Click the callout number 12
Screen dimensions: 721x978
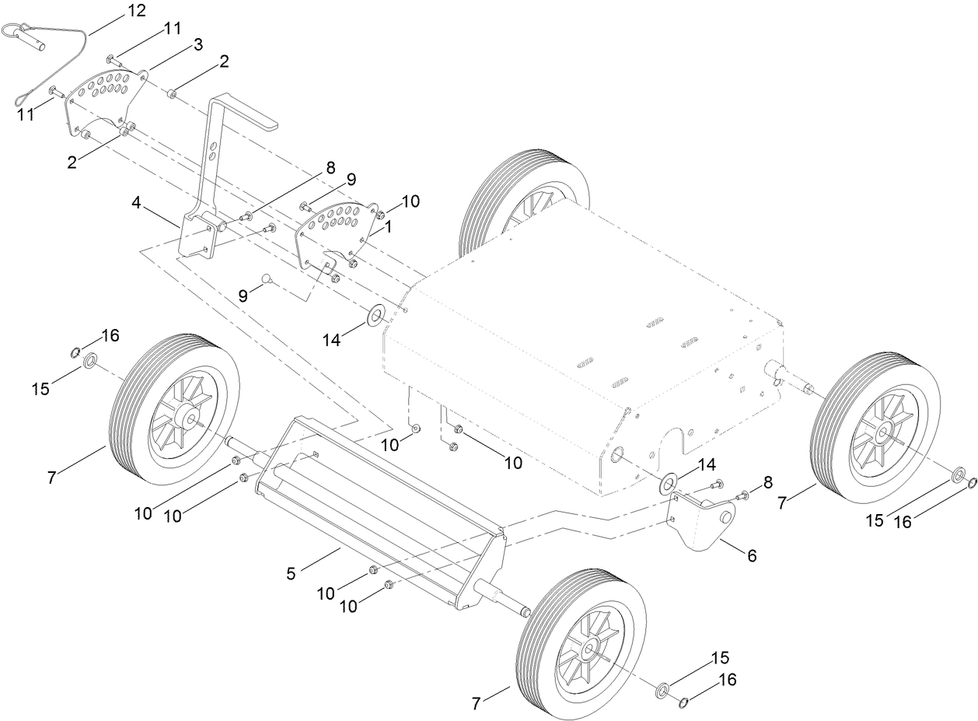[x=136, y=11]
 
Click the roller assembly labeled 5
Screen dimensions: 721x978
[x=381, y=506]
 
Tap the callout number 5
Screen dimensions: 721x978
[x=292, y=574]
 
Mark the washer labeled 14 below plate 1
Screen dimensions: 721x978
[x=377, y=316]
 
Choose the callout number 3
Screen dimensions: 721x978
[x=198, y=44]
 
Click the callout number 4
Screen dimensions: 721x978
[x=137, y=203]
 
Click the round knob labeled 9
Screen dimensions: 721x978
[x=267, y=278]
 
